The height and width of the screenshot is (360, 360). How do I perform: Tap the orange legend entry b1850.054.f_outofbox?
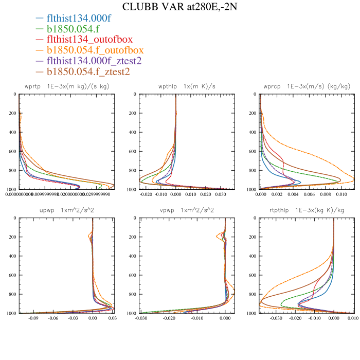tap(95, 50)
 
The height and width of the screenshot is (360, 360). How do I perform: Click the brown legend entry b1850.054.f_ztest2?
tap(88, 71)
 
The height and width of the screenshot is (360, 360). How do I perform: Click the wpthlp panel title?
tap(176, 86)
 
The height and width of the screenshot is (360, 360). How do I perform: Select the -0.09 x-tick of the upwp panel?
tap(34, 318)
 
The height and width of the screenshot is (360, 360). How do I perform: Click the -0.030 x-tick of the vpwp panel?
tap(141, 318)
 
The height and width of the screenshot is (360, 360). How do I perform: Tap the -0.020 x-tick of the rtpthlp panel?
tap(295, 318)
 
